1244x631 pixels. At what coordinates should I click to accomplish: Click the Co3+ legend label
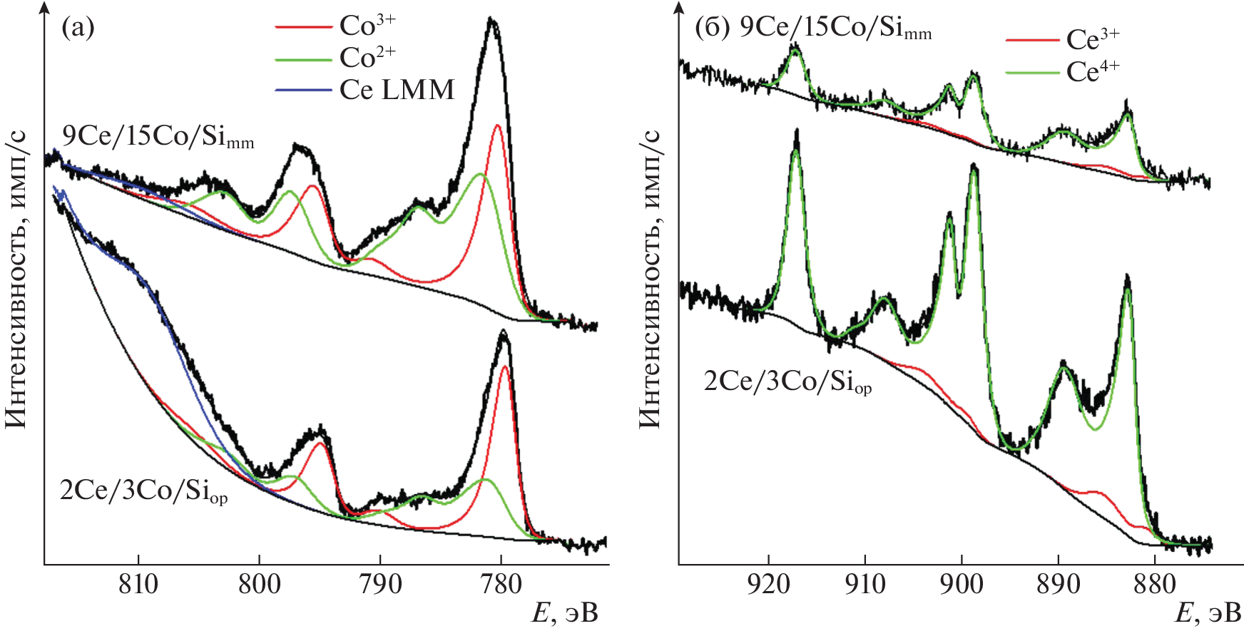point(367,26)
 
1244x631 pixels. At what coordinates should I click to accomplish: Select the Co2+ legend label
point(367,57)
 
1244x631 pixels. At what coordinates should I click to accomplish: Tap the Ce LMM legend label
point(397,90)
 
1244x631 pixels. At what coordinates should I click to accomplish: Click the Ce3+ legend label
point(1093,40)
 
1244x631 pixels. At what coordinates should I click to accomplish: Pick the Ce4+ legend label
point(1093,71)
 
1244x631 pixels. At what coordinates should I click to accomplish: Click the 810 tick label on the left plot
point(138,585)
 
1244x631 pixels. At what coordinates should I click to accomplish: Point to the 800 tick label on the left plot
point(259,585)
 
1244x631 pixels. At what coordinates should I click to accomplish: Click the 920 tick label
point(769,585)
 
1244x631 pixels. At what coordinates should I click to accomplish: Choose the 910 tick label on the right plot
point(865,585)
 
